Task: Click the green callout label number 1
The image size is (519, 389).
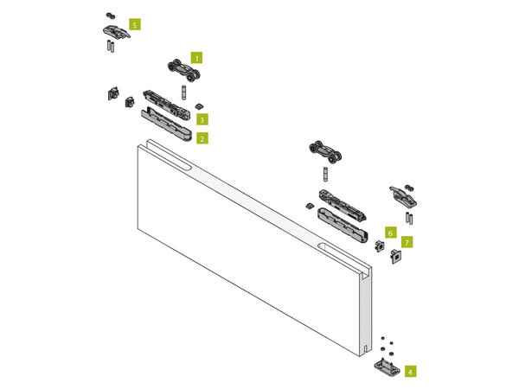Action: tap(196, 58)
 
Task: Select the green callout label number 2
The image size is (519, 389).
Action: tap(202, 138)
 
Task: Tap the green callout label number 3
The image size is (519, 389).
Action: tap(202, 119)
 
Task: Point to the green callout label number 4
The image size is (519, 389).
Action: tap(410, 371)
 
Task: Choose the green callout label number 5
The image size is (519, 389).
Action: tap(134, 24)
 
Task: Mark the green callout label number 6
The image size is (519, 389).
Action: tap(391, 233)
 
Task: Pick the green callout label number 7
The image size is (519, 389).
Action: tap(407, 242)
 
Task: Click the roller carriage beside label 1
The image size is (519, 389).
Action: tap(183, 70)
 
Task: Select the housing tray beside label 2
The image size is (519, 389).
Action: tap(166, 124)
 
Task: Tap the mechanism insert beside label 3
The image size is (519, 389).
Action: tap(166, 105)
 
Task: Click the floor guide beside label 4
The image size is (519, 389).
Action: tap(387, 367)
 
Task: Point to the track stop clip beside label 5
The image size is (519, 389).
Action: tap(117, 31)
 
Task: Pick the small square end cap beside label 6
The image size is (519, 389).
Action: tap(380, 246)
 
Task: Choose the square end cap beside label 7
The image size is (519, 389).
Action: tap(396, 256)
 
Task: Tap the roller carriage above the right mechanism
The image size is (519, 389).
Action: tap(325, 151)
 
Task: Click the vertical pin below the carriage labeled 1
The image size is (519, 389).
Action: tap(183, 92)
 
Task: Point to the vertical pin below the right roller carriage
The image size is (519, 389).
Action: tap(326, 174)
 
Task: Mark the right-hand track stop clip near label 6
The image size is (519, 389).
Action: tap(403, 196)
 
